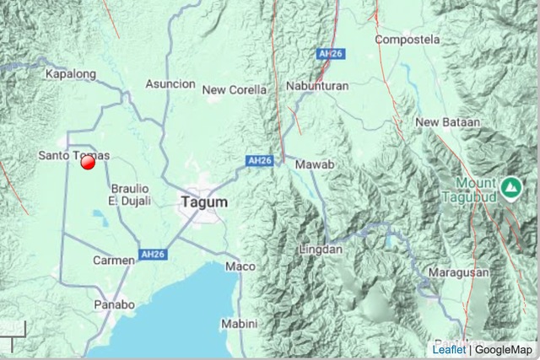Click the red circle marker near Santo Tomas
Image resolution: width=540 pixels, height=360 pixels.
coord(88,163)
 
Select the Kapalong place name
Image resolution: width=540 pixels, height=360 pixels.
coord(69,74)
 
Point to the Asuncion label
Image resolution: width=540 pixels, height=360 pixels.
coord(170,84)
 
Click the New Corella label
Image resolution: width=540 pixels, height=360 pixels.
coord(235,89)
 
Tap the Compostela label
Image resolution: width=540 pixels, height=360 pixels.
coord(408,40)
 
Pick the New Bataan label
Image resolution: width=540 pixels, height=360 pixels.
coord(447,122)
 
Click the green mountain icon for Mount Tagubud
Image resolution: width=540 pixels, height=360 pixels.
coord(510,187)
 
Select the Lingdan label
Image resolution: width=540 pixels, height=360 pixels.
coord(321,250)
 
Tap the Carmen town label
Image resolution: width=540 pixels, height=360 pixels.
coord(113,261)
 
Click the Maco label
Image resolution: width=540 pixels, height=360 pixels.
coord(235,266)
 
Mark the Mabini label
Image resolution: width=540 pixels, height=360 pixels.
coord(239,323)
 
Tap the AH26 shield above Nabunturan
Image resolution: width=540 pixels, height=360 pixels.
coord(328,53)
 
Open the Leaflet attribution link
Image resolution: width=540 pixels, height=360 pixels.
coord(448,350)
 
